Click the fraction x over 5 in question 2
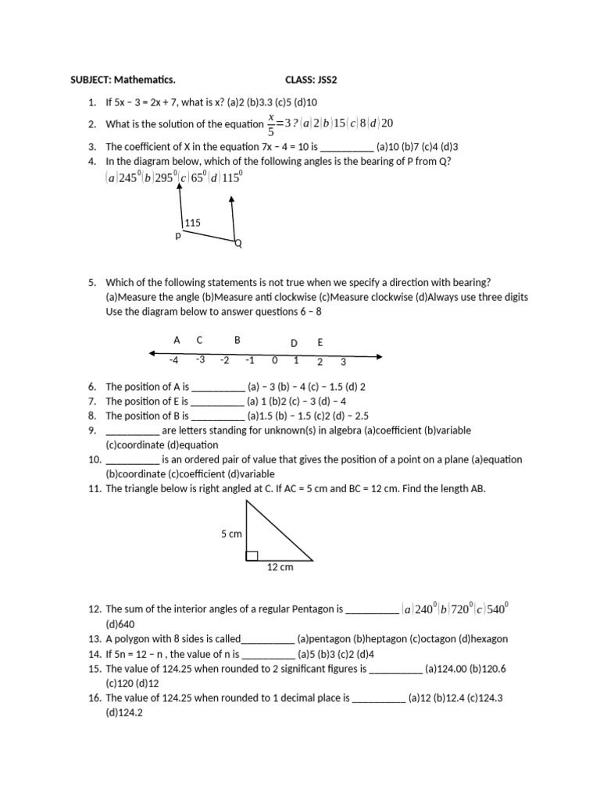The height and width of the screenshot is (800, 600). click(x=271, y=123)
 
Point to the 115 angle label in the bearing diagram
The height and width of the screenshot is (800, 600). click(x=192, y=223)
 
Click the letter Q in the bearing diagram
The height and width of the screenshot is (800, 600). click(x=238, y=244)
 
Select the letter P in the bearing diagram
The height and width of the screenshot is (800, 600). click(x=177, y=235)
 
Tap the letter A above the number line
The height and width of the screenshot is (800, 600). click(x=177, y=340)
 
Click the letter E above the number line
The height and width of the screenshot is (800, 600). click(x=320, y=343)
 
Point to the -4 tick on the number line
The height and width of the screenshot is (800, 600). click(x=173, y=360)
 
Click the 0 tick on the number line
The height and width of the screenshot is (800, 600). click(x=274, y=361)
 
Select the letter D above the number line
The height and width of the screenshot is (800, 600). click(x=294, y=343)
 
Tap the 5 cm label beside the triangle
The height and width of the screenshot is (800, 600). click(x=231, y=534)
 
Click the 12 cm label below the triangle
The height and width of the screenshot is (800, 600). click(x=280, y=567)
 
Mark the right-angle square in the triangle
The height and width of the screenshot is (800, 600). click(x=252, y=555)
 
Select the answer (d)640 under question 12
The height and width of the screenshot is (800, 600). click(x=120, y=624)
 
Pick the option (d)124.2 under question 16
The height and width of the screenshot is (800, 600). click(x=125, y=713)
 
